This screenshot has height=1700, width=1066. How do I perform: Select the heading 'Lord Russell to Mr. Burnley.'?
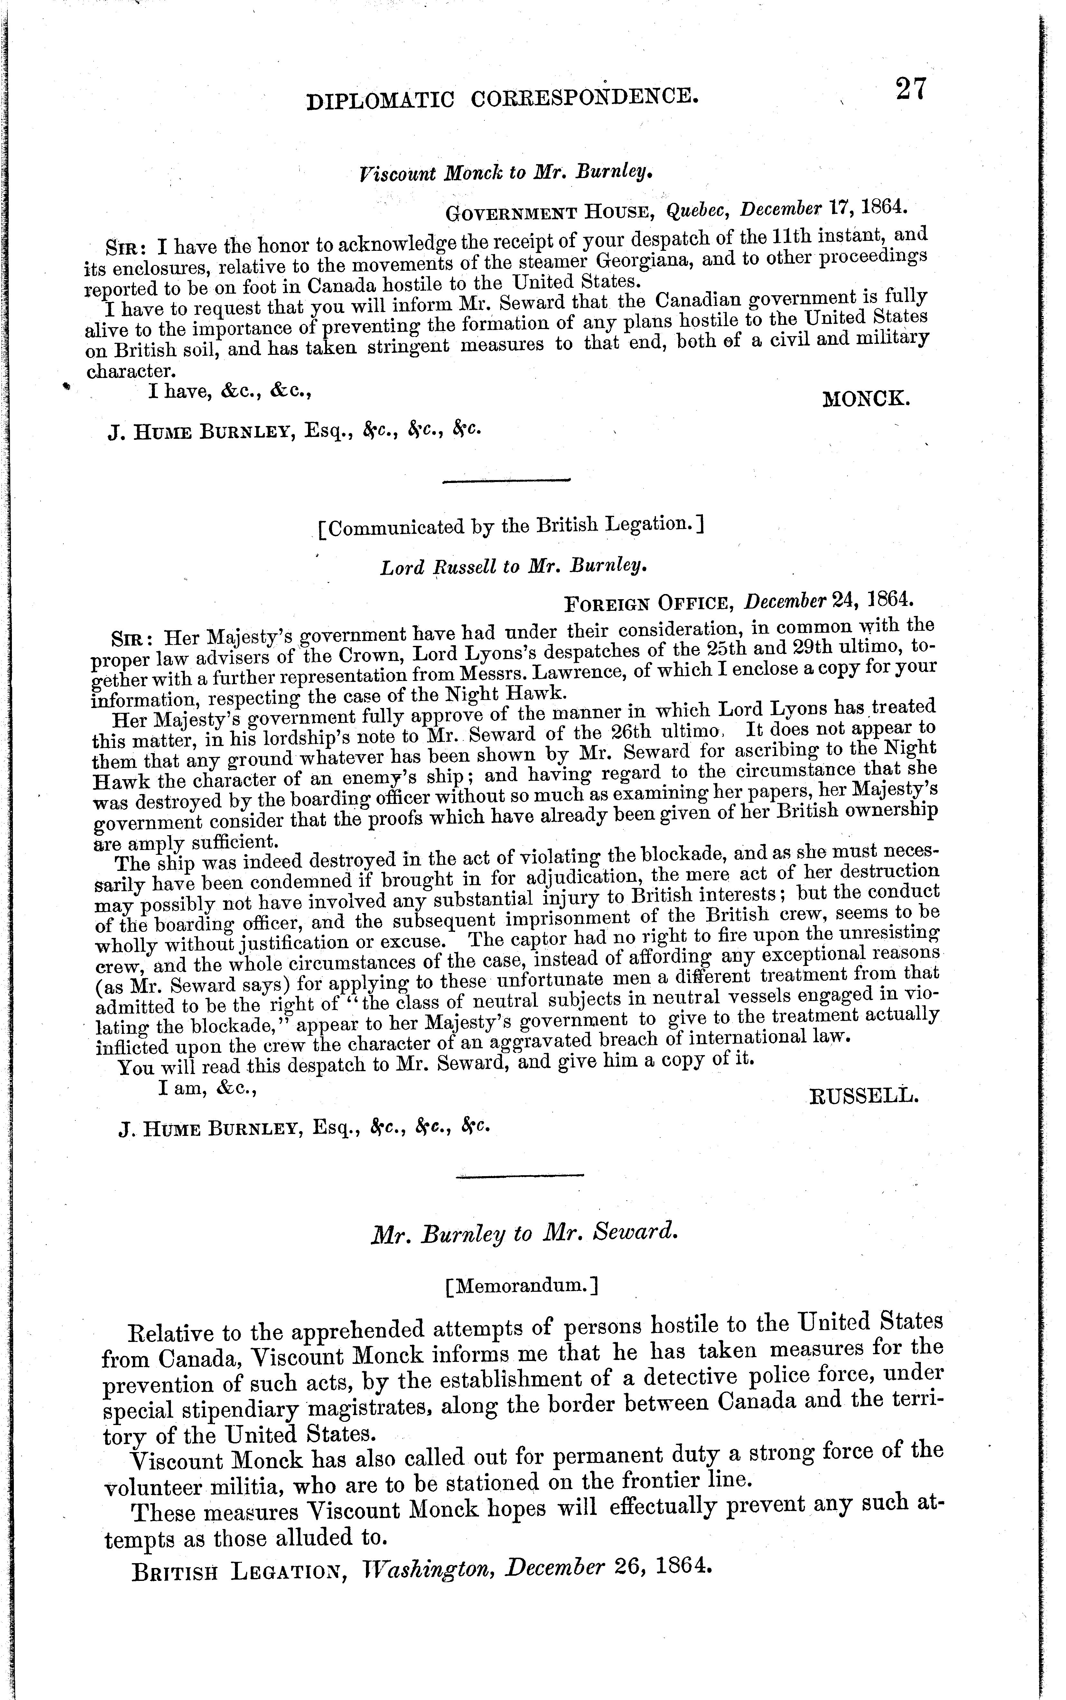(x=513, y=567)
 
